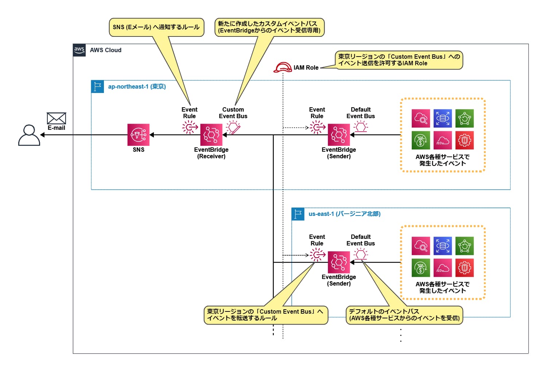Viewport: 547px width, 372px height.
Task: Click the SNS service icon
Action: click(x=138, y=135)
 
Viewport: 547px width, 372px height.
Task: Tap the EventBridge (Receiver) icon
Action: click(x=211, y=135)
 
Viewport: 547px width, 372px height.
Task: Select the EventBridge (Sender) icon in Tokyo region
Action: click(x=339, y=135)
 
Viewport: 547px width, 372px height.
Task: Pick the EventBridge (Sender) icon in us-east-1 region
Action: click(x=339, y=262)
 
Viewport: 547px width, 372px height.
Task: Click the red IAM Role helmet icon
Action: click(x=283, y=67)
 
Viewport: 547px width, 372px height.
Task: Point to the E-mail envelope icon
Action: click(x=56, y=119)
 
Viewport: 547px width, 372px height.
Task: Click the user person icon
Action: click(x=29, y=135)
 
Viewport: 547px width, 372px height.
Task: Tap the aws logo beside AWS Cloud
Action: click(x=79, y=50)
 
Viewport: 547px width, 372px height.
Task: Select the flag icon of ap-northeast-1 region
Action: click(x=97, y=87)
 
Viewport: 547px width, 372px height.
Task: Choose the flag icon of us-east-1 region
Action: click(x=298, y=214)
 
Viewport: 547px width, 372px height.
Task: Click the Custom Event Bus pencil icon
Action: click(x=233, y=128)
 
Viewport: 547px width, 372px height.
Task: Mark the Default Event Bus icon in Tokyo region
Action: click(x=361, y=127)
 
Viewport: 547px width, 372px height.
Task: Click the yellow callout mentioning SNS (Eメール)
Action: click(x=156, y=27)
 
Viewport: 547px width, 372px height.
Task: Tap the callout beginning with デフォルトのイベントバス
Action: click(x=404, y=315)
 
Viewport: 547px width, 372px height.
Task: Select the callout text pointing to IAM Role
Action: click(x=399, y=60)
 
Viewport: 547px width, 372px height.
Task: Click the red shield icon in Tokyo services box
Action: click(x=464, y=140)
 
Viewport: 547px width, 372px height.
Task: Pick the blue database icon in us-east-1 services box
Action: click(x=442, y=246)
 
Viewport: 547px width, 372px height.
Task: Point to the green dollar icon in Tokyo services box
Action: click(x=420, y=140)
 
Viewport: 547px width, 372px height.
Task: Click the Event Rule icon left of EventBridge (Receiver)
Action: click(x=190, y=127)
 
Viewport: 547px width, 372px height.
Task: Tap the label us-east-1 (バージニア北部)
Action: click(x=344, y=214)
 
